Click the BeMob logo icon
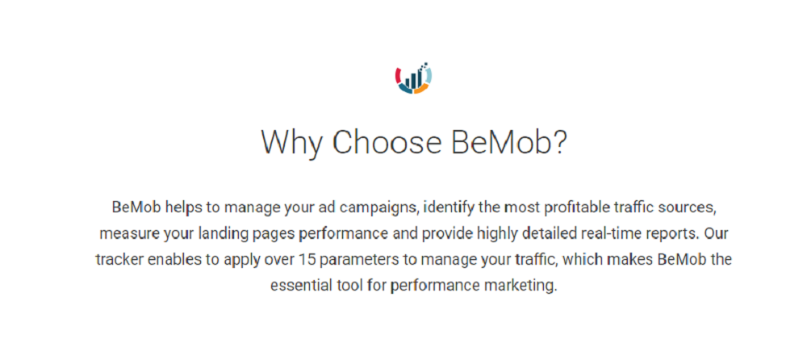(x=413, y=78)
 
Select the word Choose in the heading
(x=383, y=143)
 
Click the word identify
(x=448, y=207)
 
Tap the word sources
(x=691, y=207)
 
